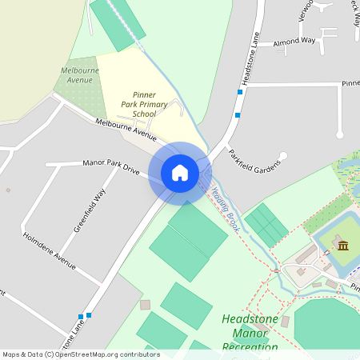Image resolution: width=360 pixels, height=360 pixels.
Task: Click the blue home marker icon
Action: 179,172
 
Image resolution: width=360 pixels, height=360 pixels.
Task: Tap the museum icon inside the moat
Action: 342,245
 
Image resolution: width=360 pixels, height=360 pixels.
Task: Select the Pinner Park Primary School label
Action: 144,105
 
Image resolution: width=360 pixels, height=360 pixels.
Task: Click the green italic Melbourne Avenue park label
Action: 79,75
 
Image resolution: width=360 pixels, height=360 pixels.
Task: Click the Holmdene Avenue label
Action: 50,251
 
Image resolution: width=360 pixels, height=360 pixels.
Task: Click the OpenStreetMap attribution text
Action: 81,354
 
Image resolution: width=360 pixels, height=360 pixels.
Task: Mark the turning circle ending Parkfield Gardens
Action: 282,155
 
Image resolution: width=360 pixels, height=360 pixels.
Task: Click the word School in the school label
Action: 144,114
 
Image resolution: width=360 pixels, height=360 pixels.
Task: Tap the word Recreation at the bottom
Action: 250,347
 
